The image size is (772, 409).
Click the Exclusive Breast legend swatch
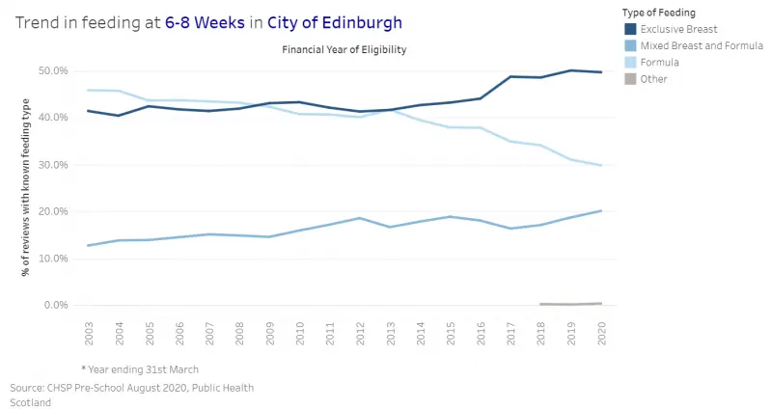click(629, 29)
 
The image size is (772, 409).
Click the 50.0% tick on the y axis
click(53, 70)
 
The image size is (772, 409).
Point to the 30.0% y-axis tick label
click(53, 165)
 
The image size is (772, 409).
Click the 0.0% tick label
click(55, 305)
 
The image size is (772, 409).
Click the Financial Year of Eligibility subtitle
click(344, 48)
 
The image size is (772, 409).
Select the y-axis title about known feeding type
click(26, 187)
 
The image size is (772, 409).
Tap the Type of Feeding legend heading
click(660, 12)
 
